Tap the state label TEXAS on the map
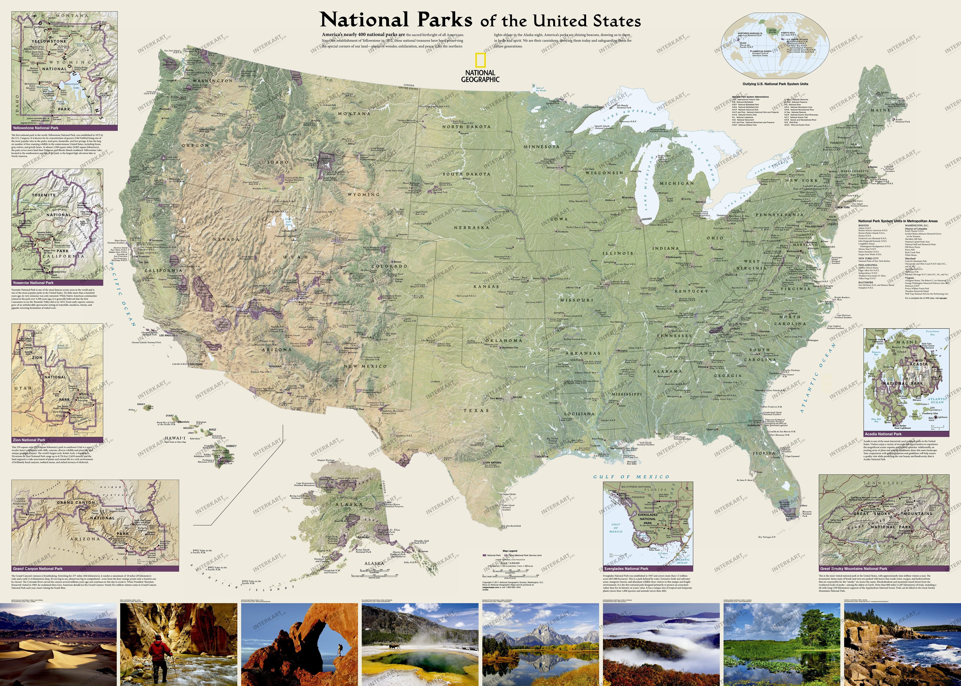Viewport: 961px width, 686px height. [476, 410]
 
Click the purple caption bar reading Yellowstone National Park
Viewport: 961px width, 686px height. [64, 128]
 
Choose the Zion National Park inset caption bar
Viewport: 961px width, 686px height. [57, 440]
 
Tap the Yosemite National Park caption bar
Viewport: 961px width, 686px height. [57, 283]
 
